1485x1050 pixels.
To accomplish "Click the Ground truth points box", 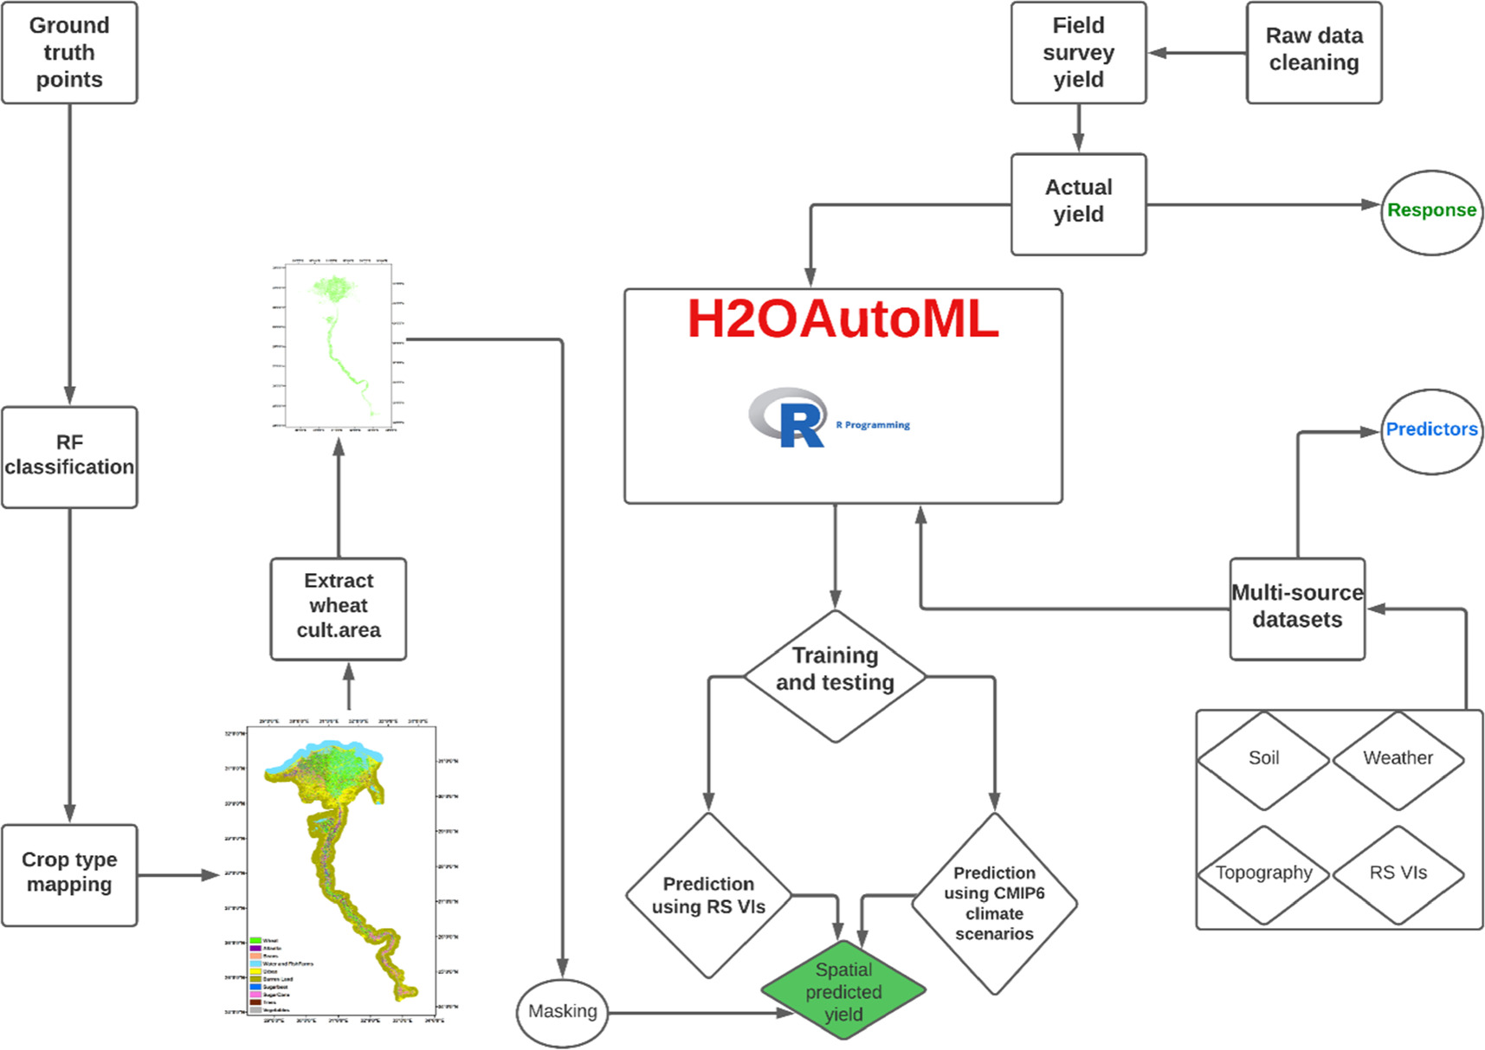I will (69, 53).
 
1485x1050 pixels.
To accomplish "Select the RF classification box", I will (69, 456).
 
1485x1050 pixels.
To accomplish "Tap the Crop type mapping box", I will (69, 874).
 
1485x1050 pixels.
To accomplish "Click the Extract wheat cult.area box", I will (338, 609).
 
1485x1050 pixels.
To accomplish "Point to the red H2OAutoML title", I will (843, 319).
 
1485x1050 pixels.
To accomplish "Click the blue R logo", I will (791, 419).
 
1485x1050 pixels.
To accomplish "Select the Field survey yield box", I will (1078, 53).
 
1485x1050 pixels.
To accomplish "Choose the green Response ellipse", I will (1430, 211).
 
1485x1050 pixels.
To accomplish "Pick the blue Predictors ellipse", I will (1430, 430).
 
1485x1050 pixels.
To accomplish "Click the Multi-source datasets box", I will (1296, 608).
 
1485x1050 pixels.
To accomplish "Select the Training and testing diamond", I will (835, 676).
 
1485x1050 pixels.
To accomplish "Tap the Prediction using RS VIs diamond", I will (708, 895).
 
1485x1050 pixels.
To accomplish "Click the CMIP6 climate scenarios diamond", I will (994, 903).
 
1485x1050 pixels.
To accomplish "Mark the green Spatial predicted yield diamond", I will (843, 992).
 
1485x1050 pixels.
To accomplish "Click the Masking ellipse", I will (562, 1011).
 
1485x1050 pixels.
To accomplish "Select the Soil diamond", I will (1263, 759).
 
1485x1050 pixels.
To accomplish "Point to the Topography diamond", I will (1263, 873).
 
